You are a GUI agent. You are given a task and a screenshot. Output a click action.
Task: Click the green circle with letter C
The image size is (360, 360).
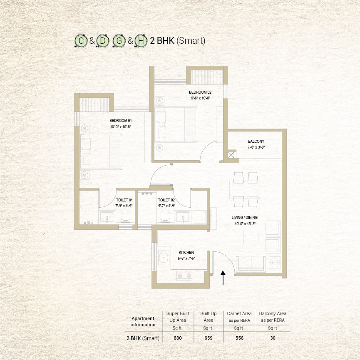(81, 41)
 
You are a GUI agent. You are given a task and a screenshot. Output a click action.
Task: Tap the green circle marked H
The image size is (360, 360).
(141, 41)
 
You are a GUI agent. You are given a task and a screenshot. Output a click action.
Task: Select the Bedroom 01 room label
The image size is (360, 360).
(121, 121)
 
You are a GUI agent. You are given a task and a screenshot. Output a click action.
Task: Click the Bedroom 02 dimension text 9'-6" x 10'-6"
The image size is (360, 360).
(201, 98)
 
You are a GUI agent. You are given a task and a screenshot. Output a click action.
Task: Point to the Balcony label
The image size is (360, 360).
(256, 142)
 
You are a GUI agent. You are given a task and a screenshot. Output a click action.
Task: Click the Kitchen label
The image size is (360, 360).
(186, 253)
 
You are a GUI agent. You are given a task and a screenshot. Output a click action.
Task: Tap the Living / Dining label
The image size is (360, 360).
(245, 217)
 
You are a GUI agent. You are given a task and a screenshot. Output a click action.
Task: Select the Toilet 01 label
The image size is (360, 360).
(124, 200)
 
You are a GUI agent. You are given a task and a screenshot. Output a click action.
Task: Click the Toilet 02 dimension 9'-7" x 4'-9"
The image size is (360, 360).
(167, 206)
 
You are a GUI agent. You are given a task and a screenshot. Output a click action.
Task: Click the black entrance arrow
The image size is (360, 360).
(223, 278)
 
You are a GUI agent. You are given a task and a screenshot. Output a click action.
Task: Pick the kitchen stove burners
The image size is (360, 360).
(184, 276)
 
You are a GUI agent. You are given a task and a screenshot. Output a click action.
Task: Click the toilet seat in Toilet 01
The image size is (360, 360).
(125, 216)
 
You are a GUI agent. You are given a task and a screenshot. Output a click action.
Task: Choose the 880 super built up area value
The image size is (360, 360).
(178, 338)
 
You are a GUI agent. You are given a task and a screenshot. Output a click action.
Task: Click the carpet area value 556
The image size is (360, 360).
(239, 338)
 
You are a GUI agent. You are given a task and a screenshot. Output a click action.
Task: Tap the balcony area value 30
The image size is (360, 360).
(273, 338)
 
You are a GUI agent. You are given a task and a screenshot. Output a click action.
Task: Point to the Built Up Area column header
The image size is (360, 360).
(208, 317)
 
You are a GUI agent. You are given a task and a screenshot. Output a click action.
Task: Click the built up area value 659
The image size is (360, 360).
(208, 338)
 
